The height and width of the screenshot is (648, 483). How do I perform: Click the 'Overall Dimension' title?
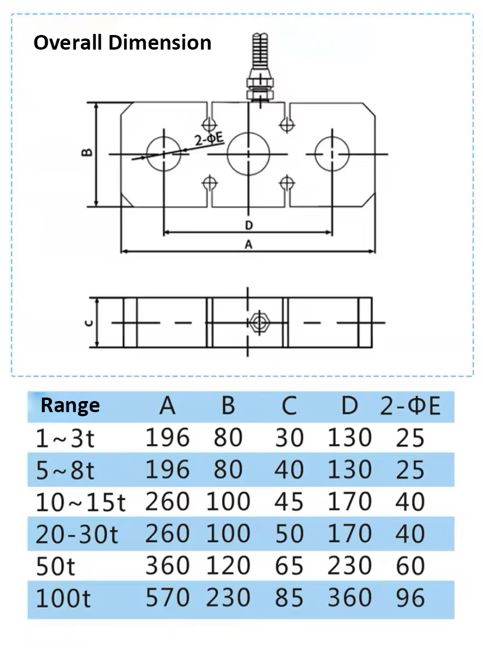122,43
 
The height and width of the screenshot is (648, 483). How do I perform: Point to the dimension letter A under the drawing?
248,245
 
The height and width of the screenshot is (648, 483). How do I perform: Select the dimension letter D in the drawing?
249,225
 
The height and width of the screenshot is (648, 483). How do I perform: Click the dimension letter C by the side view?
86,322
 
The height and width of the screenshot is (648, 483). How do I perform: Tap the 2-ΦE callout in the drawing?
209,139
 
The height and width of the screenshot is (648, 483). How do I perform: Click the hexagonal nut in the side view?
257,322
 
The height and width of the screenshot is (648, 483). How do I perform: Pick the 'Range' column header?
70,405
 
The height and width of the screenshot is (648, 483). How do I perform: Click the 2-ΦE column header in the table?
410,406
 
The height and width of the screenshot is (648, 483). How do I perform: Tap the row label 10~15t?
80,502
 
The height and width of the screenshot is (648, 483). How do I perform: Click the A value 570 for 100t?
167,598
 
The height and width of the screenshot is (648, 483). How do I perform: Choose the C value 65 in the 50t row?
289,566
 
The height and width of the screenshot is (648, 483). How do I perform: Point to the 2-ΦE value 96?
410,598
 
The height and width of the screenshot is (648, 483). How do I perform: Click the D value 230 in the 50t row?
349,566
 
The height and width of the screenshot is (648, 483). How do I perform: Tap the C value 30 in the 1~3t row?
289,438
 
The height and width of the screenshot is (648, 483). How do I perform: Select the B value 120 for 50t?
228,566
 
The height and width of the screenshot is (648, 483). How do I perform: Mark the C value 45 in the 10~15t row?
289,502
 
